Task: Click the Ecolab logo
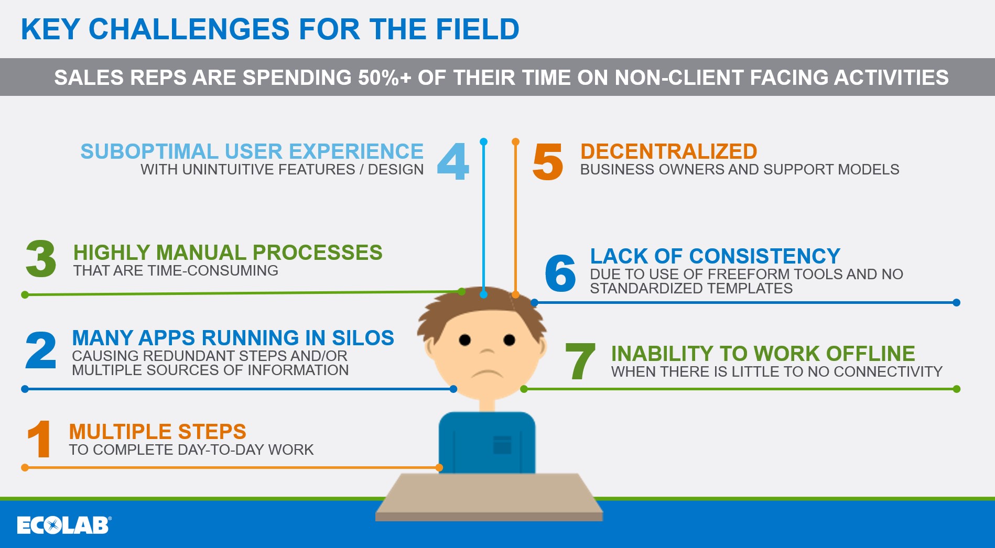point(63,525)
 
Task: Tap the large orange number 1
point(39,439)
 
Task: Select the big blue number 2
point(40,350)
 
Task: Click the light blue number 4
point(453,161)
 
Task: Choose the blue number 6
point(560,273)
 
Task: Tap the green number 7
point(580,361)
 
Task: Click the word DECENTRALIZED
point(668,151)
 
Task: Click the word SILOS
point(363,338)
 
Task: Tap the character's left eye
point(464,340)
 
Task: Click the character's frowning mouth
point(487,373)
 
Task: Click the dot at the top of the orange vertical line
point(515,141)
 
